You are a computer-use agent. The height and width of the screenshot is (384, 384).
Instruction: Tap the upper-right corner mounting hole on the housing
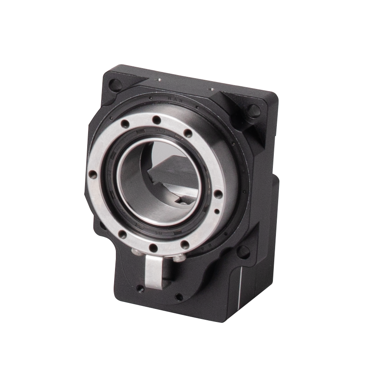(x=254, y=110)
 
